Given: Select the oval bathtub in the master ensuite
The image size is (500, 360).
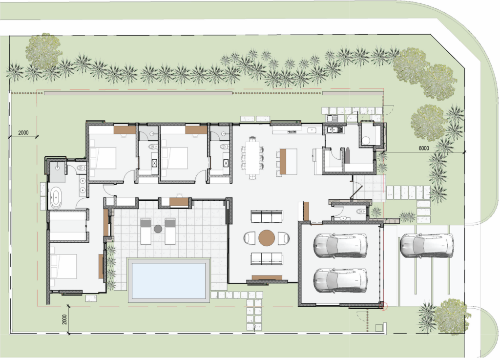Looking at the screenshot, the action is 56,198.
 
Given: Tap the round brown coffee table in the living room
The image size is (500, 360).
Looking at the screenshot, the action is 267,238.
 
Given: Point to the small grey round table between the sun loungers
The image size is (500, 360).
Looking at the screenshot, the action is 158,229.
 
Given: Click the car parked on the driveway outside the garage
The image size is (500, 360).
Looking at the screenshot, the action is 427,245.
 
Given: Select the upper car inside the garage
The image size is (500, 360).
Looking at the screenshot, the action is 340,245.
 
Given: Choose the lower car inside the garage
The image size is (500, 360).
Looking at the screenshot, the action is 340,280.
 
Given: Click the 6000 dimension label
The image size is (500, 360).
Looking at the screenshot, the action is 424,148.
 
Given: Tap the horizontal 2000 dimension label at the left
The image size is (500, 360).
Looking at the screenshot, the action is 23,133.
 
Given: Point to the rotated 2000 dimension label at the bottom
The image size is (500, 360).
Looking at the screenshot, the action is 64,319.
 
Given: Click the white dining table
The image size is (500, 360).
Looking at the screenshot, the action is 252,157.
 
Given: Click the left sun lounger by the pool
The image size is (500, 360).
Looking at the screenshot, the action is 146,231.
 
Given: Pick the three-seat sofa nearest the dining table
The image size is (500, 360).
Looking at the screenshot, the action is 267,216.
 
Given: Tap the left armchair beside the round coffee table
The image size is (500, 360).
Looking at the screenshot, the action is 250,238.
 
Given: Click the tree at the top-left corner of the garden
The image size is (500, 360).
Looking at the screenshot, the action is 43,51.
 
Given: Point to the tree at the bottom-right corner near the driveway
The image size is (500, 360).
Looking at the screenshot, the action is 452,317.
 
